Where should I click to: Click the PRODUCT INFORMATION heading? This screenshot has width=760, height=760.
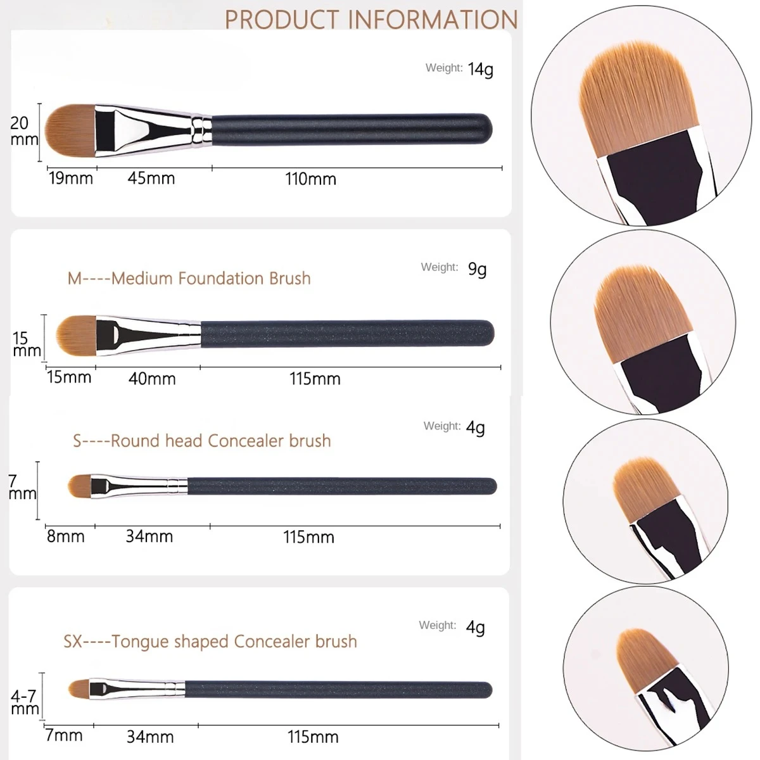pos(371,19)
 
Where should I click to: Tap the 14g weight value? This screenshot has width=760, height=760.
pos(480,69)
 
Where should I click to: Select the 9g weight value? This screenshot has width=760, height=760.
pos(477,269)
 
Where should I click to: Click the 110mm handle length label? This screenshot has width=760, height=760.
pos(310,179)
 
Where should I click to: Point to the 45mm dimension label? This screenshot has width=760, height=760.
pos(151,178)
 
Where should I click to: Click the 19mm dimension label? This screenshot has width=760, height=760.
pos(71,178)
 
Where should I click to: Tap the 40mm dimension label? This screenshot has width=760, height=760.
pos(151,379)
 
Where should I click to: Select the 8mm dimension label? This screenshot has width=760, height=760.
pos(65,536)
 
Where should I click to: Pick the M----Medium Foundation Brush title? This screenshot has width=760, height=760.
pos(189,279)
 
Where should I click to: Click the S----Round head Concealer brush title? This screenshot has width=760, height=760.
pos(201,441)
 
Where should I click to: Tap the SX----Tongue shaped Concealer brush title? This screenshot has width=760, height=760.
pos(210,642)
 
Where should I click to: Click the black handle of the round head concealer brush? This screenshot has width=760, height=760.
pos(342,486)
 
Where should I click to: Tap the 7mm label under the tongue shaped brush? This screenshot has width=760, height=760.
pos(63,736)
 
